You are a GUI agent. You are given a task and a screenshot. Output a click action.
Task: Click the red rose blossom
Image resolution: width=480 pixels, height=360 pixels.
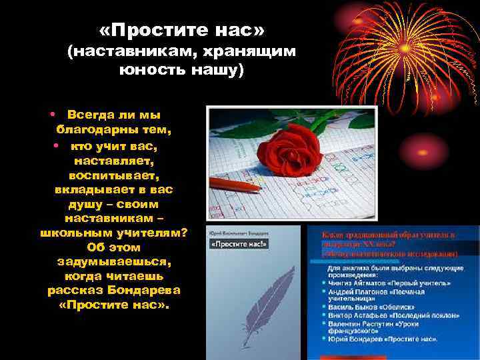[291, 143]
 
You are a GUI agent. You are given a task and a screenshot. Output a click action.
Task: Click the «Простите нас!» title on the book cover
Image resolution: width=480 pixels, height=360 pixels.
[238, 244]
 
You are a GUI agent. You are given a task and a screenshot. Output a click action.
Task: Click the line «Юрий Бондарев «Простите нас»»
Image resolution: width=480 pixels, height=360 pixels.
[383, 339]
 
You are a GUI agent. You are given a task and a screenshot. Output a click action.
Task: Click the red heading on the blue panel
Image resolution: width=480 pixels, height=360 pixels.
[390, 244]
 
